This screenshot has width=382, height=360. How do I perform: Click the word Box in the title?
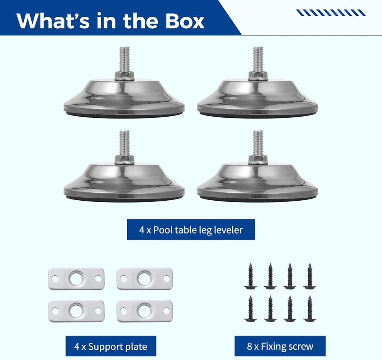coord(185,21)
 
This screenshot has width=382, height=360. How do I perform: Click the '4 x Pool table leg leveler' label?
coord(191,229)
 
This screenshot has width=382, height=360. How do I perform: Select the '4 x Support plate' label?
coord(111,346)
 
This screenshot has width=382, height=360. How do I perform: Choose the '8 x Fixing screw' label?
coord(280,346)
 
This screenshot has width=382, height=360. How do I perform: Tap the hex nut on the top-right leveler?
coord(258,76)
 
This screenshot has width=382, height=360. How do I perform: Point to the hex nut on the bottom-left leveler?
coord(125,160)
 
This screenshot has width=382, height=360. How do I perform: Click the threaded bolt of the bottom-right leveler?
coord(258,143)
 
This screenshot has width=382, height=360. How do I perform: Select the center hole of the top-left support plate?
coord(76,279)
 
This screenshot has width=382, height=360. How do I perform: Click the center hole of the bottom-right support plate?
coord(145,311)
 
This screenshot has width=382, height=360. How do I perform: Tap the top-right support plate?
coord(145,279)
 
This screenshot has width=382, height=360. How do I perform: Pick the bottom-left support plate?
coord(76,311)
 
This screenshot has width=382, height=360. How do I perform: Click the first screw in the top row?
coord(250,276)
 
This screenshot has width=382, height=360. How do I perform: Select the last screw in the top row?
coord(310,276)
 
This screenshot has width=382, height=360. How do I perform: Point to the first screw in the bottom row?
coord(250,308)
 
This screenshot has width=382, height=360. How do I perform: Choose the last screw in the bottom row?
coord(310,308)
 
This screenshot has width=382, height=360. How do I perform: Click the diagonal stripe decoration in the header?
coord(330,13)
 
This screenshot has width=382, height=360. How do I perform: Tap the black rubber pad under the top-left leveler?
coord(124,115)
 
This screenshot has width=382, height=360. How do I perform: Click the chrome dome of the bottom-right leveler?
coord(257,180)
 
